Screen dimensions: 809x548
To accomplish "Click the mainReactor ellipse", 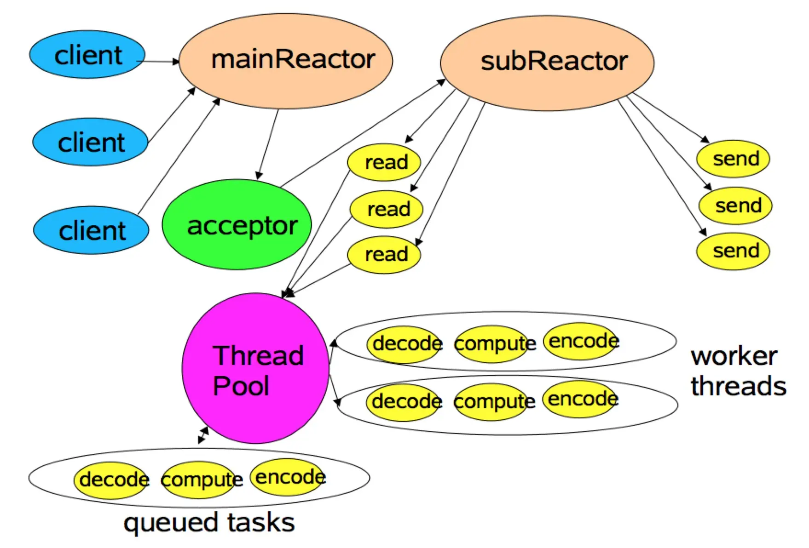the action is [286, 61].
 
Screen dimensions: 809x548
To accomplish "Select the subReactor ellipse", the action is [547, 63].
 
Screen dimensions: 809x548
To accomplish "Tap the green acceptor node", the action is [237, 224].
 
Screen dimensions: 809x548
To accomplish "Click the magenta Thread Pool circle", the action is [256, 368].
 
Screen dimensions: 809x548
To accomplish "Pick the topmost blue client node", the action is [87, 55].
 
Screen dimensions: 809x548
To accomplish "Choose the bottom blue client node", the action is [91, 230].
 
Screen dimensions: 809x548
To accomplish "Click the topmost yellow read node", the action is [384, 162].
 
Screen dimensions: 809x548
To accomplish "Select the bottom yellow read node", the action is [384, 255].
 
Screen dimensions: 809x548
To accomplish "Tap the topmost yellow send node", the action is [733, 159].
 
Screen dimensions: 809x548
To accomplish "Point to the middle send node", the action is [735, 205].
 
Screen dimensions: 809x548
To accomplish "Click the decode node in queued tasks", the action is [111, 480].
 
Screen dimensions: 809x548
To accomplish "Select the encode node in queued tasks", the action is [288, 477].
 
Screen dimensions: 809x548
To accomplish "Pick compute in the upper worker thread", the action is [493, 344].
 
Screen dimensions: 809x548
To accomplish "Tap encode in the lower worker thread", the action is [581, 399].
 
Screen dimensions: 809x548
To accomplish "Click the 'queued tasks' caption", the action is [209, 523].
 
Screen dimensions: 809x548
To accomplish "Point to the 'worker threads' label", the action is [738, 371].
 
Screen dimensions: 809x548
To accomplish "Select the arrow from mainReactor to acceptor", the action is [268, 144].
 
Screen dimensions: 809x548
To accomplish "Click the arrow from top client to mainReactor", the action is [158, 61].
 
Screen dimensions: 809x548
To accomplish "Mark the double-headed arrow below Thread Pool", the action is [203, 435].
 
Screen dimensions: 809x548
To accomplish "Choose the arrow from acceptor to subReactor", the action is [363, 133].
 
